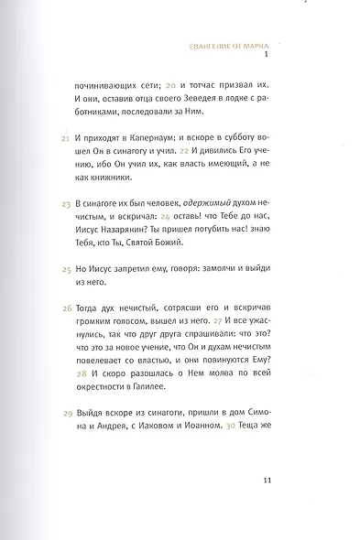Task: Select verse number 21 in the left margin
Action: (x=64, y=137)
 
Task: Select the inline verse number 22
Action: (x=209, y=153)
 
